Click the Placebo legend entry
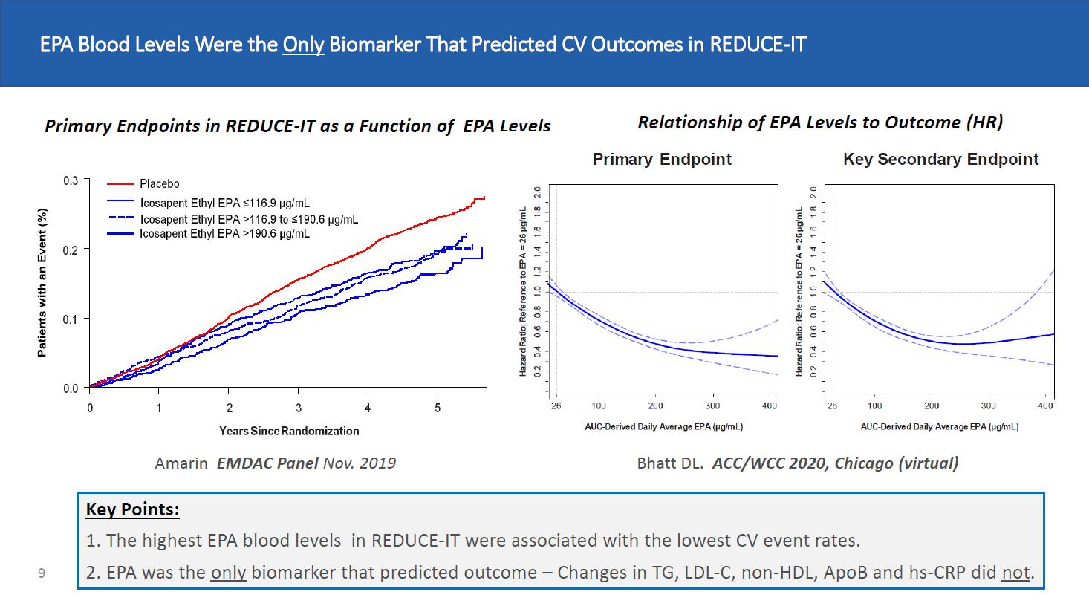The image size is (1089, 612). [x=159, y=183]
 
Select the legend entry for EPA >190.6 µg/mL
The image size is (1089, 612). [x=224, y=234]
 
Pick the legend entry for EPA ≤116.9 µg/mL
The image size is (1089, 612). [x=224, y=203]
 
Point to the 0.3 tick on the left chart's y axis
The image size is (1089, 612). [x=71, y=180]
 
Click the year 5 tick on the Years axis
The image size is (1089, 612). [x=438, y=408]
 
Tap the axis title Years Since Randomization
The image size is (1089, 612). [x=289, y=431]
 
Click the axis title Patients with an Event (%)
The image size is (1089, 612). [x=42, y=281]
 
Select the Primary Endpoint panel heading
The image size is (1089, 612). [x=662, y=159]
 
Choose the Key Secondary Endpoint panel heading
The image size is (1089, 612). [x=940, y=159]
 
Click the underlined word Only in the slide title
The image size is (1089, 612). [x=303, y=45]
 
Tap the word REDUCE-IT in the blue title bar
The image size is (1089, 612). [x=758, y=45]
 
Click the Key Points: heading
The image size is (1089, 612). [x=132, y=510]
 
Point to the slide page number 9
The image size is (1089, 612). [x=42, y=573]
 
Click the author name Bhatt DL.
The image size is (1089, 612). [x=670, y=463]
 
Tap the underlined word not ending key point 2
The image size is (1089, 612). [x=1015, y=573]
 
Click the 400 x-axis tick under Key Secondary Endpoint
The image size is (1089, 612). [x=1046, y=406]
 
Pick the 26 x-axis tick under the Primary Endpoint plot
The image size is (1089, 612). [x=556, y=406]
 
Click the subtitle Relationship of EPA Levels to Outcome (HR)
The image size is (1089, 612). [x=820, y=123]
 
